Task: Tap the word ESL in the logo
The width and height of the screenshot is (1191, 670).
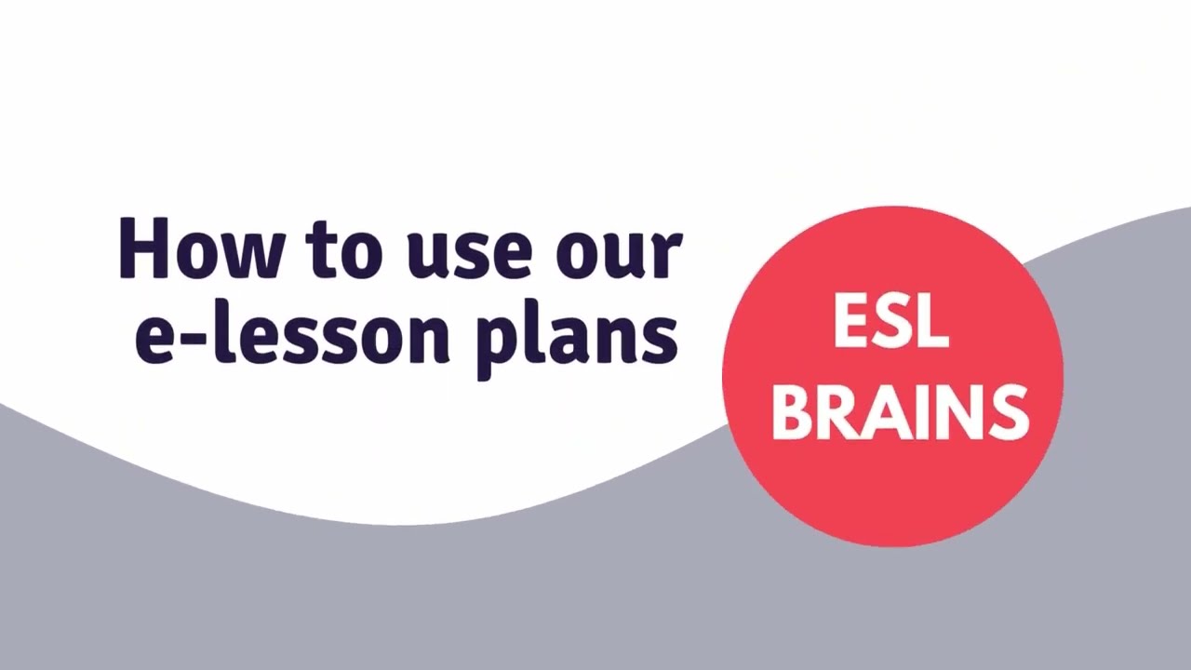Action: [890, 322]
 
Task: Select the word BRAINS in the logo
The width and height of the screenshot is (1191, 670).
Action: [900, 411]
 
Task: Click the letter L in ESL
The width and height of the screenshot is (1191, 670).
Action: [933, 322]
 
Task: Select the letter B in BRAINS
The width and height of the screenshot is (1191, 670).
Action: [791, 411]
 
